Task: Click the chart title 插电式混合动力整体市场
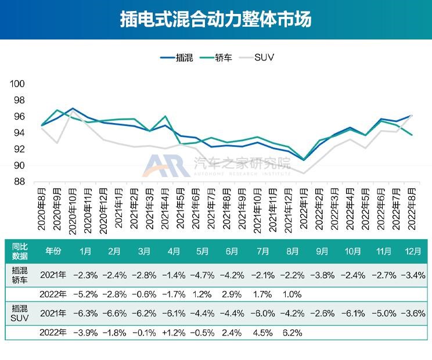click(x=215, y=20)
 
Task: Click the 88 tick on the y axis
click(x=19, y=182)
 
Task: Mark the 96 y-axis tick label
click(x=19, y=117)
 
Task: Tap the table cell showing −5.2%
click(x=84, y=294)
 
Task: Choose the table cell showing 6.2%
click(x=293, y=333)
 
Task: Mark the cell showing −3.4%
click(x=412, y=274)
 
